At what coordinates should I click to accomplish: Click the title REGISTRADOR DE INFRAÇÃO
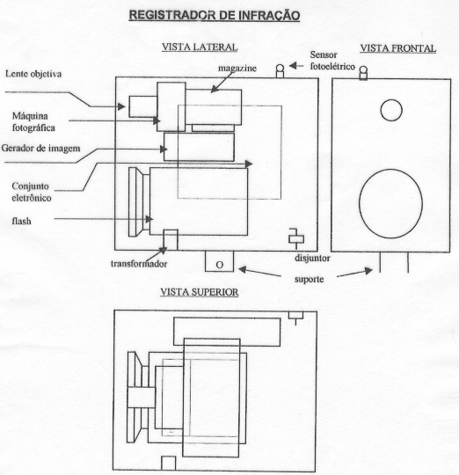[x=215, y=15]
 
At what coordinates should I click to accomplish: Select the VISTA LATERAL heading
[x=200, y=47]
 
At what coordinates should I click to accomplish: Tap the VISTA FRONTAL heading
[x=397, y=48]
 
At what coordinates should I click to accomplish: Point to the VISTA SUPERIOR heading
[x=200, y=292]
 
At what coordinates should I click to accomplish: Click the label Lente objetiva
[x=33, y=74]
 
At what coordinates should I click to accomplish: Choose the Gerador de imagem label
[x=40, y=148]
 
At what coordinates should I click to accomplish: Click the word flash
[x=21, y=221]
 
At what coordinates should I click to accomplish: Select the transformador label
[x=139, y=264]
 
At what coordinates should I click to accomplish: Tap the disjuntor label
[x=312, y=258]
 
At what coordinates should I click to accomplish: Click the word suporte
[x=310, y=279]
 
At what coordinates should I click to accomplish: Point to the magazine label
[x=237, y=68]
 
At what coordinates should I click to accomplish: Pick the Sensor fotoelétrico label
[x=332, y=61]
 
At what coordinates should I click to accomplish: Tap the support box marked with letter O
[x=219, y=261]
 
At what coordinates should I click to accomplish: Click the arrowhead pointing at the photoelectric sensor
[x=293, y=65]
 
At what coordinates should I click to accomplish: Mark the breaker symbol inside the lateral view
[x=296, y=238]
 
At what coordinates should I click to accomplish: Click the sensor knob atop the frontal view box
[x=363, y=73]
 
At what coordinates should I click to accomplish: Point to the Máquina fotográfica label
[x=33, y=121]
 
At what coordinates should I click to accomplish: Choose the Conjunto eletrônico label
[x=31, y=192]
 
